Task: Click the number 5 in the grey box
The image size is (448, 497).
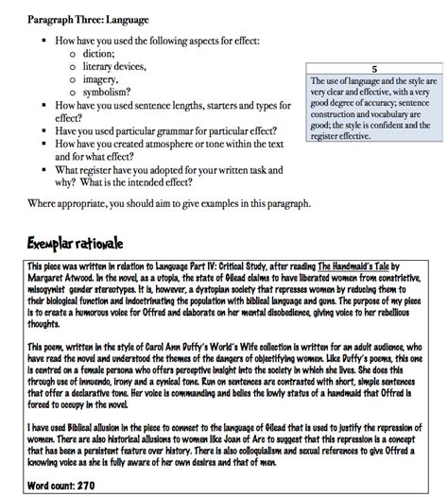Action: click(x=374, y=70)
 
